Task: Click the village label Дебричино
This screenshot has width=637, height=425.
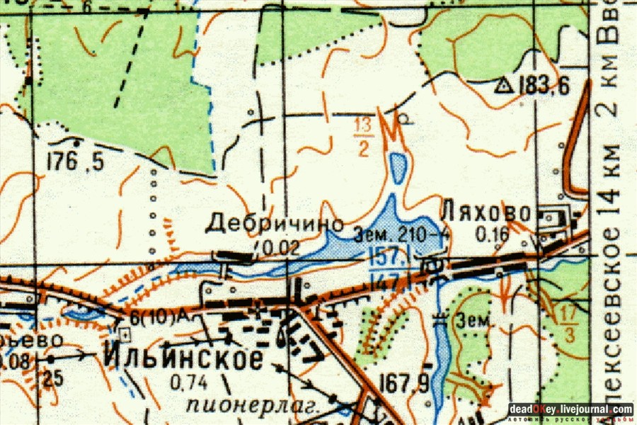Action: pyautogui.click(x=274, y=225)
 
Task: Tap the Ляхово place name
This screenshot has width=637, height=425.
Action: pyautogui.click(x=486, y=212)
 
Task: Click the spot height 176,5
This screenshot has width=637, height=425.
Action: pyautogui.click(x=75, y=162)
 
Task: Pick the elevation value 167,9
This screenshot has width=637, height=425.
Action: pyautogui.click(x=404, y=385)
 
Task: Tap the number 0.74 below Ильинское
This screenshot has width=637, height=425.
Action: pyautogui.click(x=188, y=383)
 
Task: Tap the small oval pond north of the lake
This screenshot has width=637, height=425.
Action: pyautogui.click(x=398, y=169)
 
